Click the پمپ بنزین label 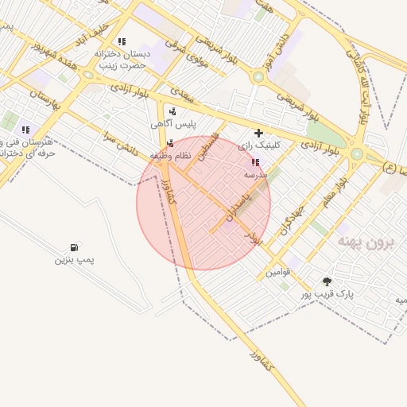pyautogui.click(x=74, y=260)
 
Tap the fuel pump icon pyautogui.click(x=75, y=247)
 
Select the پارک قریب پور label pyautogui.click(x=327, y=293)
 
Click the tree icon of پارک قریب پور pyautogui.click(x=327, y=281)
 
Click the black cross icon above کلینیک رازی pyautogui.click(x=258, y=133)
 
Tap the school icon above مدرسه pyautogui.click(x=255, y=161)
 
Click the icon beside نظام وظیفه pyautogui.click(x=170, y=143)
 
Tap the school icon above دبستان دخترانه pyautogui.click(x=122, y=41)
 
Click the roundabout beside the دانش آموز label pyautogui.click(x=258, y=77)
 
